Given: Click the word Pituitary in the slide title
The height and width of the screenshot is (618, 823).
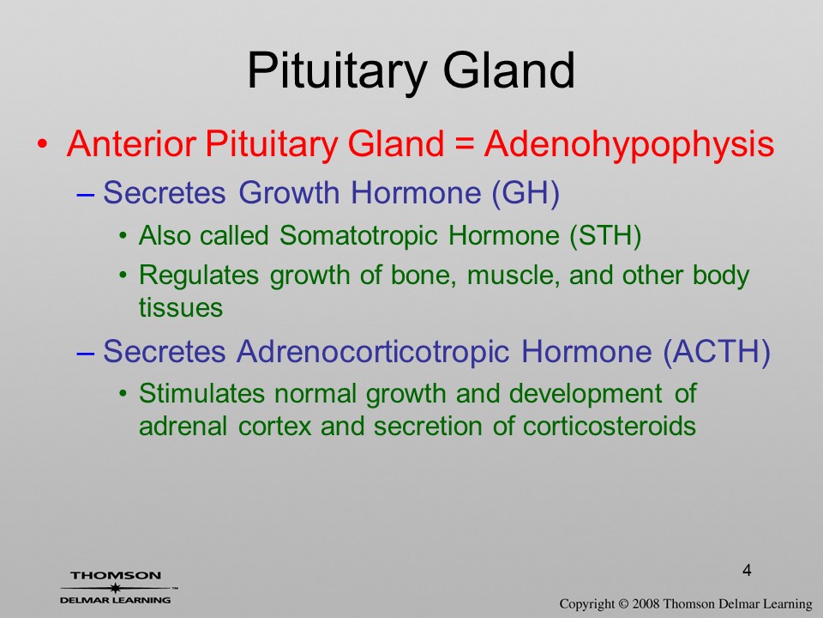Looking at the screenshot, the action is (336, 71).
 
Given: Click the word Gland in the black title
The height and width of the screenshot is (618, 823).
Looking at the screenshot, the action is (509, 70).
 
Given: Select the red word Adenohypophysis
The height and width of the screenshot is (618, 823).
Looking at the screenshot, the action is (628, 144).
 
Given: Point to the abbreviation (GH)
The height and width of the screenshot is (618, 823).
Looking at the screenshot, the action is (526, 193).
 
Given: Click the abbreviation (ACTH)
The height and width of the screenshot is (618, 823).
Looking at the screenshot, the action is (717, 352).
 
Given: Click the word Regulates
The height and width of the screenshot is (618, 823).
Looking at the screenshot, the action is (199, 276).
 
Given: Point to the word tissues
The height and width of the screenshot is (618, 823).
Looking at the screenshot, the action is (181, 307).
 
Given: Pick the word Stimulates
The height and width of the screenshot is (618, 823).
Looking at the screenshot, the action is (201, 393).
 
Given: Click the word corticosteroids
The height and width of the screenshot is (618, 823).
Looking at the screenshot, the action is (610, 426).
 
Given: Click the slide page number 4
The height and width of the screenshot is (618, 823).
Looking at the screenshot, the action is (747, 570).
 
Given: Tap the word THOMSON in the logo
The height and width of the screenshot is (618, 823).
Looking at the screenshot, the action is (116, 575).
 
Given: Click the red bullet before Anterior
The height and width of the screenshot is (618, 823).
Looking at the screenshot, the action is (43, 144).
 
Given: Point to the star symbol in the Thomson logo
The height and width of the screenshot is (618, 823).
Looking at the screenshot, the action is (115, 588).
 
